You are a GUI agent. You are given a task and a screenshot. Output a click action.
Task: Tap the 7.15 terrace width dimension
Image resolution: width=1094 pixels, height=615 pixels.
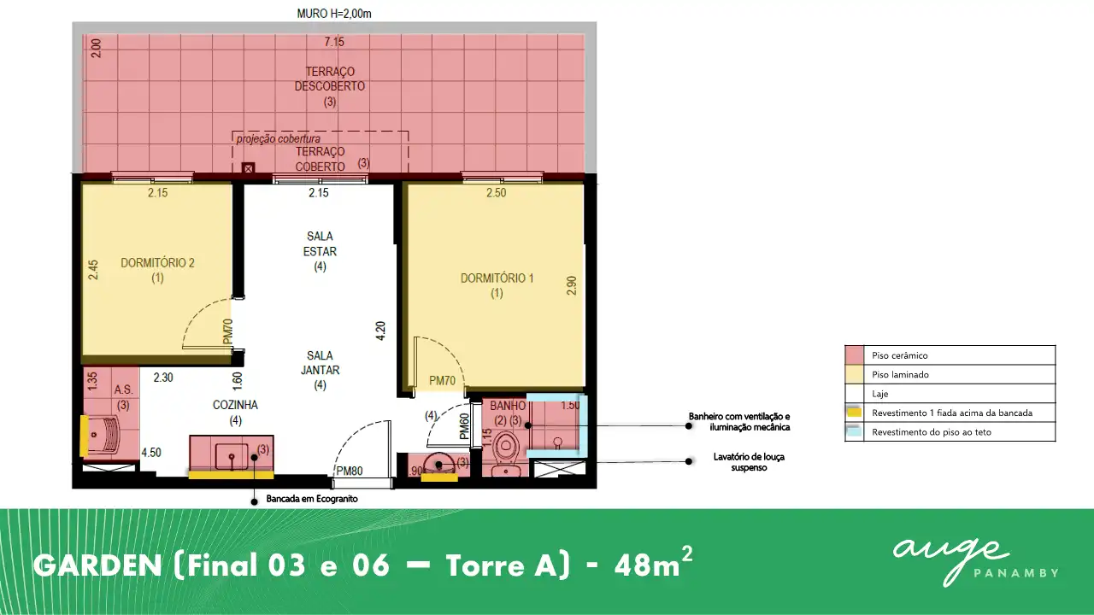[x=334, y=42]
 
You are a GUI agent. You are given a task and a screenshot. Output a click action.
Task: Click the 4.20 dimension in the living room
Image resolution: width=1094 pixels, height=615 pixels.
[x=380, y=331]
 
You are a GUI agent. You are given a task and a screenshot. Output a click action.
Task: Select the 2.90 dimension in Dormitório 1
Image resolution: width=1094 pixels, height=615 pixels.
[x=572, y=285]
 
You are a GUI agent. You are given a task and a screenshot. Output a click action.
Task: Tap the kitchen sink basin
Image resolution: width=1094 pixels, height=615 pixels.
[x=232, y=457]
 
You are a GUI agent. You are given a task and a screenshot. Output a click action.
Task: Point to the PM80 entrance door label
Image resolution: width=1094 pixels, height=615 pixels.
[x=350, y=471]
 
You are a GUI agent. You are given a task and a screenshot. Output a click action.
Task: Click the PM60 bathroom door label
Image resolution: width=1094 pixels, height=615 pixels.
[x=464, y=426]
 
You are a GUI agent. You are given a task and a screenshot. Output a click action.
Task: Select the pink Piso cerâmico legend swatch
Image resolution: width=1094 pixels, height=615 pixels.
[x=854, y=355]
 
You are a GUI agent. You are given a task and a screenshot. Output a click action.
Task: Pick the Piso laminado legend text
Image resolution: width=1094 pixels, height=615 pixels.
[x=900, y=374]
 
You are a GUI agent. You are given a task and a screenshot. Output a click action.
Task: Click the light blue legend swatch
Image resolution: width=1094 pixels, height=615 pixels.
[x=854, y=431]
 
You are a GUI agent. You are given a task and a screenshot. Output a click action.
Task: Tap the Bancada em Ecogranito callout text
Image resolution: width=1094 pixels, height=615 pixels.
[x=312, y=499]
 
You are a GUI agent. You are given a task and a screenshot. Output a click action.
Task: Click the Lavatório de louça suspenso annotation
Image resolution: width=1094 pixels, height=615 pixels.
[x=749, y=462]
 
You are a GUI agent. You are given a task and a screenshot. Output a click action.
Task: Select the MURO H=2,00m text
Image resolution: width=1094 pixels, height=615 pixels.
[x=334, y=14]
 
